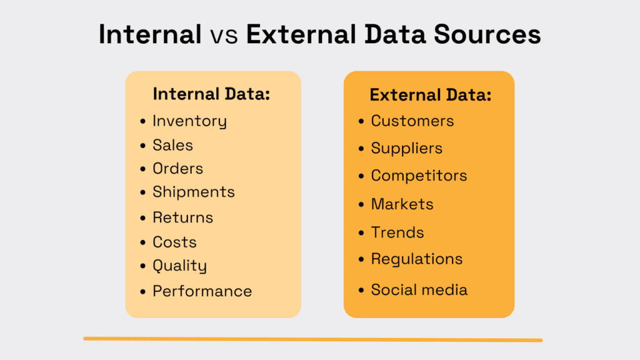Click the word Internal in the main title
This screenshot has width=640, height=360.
149,35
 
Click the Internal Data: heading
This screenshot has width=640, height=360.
211,94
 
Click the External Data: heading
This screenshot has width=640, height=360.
431,95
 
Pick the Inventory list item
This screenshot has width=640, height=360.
189,121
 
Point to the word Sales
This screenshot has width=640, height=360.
172,145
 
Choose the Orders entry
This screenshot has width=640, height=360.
177,169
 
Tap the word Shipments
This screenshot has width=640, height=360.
193,192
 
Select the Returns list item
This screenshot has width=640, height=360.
182,217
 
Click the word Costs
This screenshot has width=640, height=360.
174,242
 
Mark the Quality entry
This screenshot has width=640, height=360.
179,266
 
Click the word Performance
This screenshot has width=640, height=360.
202,291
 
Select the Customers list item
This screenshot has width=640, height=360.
412,121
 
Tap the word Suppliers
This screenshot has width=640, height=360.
406,148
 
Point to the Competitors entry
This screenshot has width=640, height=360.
419,176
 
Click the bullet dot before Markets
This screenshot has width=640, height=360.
361,204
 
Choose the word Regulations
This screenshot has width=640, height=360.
416,259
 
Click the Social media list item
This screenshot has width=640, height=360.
419,289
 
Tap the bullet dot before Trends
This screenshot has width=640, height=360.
361,233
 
